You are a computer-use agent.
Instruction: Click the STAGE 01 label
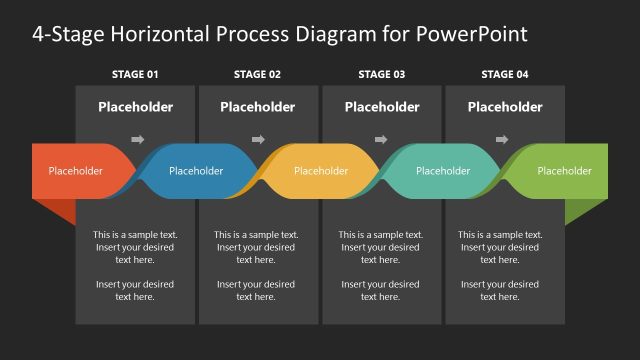135,74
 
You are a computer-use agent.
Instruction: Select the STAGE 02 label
257,74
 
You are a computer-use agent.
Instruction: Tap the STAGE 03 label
381,74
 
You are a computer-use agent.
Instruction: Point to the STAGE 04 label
505,74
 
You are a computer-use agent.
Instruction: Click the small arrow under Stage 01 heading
138,139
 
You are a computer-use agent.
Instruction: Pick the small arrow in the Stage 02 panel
258,139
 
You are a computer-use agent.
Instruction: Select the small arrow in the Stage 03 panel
380,139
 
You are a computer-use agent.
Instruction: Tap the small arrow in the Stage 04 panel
503,139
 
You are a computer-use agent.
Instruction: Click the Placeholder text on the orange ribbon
75,171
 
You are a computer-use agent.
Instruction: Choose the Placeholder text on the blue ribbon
196,171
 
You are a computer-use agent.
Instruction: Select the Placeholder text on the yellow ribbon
320,171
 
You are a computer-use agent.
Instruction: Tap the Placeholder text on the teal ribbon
443,171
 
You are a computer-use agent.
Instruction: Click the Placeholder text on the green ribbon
564,171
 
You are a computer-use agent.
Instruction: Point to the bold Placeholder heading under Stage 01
135,107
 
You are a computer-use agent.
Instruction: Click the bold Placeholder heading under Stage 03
381,107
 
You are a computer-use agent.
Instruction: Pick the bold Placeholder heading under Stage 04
505,107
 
